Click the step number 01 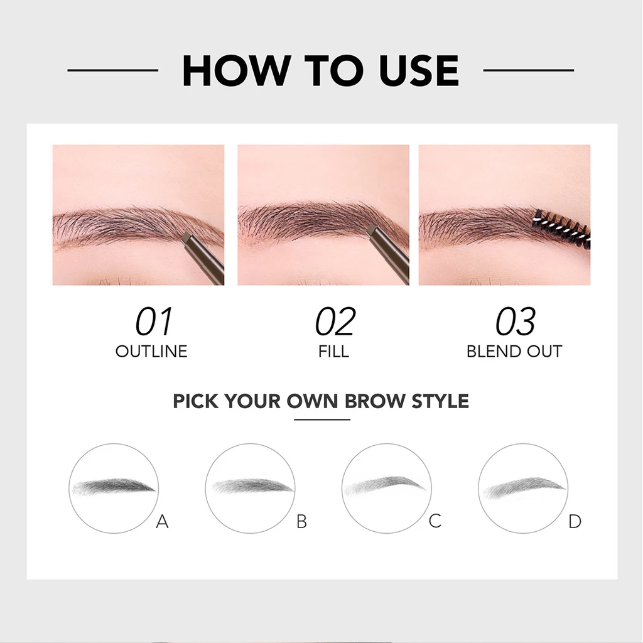(153, 322)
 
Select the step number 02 (335, 322)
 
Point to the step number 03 (515, 322)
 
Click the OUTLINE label (151, 351)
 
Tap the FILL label (333, 351)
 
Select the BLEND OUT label (514, 351)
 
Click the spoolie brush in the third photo (562, 227)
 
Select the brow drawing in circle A (114, 487)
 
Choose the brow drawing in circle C (386, 485)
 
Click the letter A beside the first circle (162, 521)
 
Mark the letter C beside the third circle (435, 521)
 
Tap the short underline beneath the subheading (321, 419)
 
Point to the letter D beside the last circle (575, 521)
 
